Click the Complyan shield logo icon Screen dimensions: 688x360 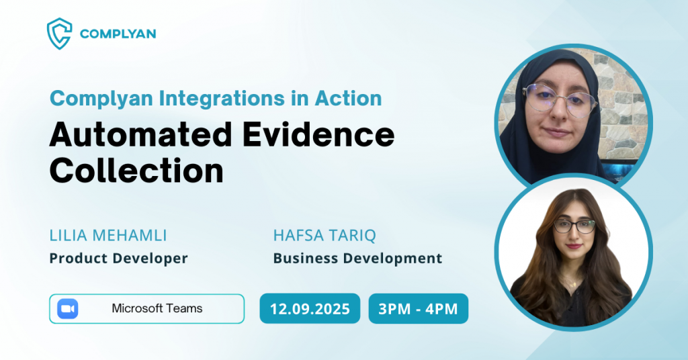point(59,34)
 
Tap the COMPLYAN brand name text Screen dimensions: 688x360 point(118,34)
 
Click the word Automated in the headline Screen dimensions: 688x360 point(140,135)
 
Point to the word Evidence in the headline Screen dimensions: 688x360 point(318,135)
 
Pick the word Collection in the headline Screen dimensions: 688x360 point(136,171)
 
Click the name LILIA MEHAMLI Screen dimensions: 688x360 point(108,236)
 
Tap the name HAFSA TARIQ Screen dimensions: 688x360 point(325,236)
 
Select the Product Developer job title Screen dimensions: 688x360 point(118,259)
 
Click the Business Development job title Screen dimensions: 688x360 point(357,259)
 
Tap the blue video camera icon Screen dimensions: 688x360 point(68,309)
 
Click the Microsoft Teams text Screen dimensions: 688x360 point(157,309)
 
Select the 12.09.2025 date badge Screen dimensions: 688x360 point(310,309)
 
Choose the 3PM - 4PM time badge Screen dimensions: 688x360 point(418,309)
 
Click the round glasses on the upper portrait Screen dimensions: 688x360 point(560,101)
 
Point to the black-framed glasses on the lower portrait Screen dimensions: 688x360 point(574,226)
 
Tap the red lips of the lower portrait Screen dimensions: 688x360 point(574,246)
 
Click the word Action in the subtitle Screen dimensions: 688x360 point(349,99)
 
